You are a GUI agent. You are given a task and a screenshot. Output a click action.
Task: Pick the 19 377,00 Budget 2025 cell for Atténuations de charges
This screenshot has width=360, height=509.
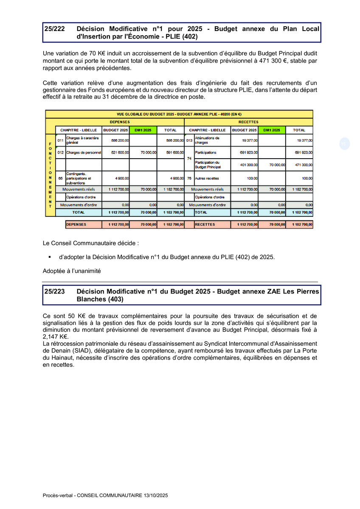245,140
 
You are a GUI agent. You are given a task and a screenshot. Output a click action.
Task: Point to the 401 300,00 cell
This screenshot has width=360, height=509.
245,165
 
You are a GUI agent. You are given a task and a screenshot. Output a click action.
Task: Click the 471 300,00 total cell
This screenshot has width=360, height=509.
299,165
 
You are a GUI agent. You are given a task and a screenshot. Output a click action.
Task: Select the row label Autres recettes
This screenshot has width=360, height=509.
207,178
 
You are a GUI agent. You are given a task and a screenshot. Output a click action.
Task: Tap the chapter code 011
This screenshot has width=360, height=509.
60,140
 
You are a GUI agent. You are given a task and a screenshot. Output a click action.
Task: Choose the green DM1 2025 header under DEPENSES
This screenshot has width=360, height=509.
143,130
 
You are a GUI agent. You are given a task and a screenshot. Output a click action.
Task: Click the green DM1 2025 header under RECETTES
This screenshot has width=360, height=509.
272,130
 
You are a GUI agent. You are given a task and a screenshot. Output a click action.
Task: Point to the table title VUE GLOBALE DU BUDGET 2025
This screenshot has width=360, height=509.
179,114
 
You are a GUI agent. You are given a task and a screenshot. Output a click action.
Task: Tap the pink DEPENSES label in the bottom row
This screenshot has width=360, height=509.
76,224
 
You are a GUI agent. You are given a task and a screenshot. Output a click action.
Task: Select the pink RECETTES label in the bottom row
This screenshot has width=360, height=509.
205,224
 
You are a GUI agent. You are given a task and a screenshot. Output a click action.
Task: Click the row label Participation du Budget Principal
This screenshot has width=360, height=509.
208,165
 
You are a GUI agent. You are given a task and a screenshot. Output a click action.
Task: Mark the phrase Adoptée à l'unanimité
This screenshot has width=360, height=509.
72,271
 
